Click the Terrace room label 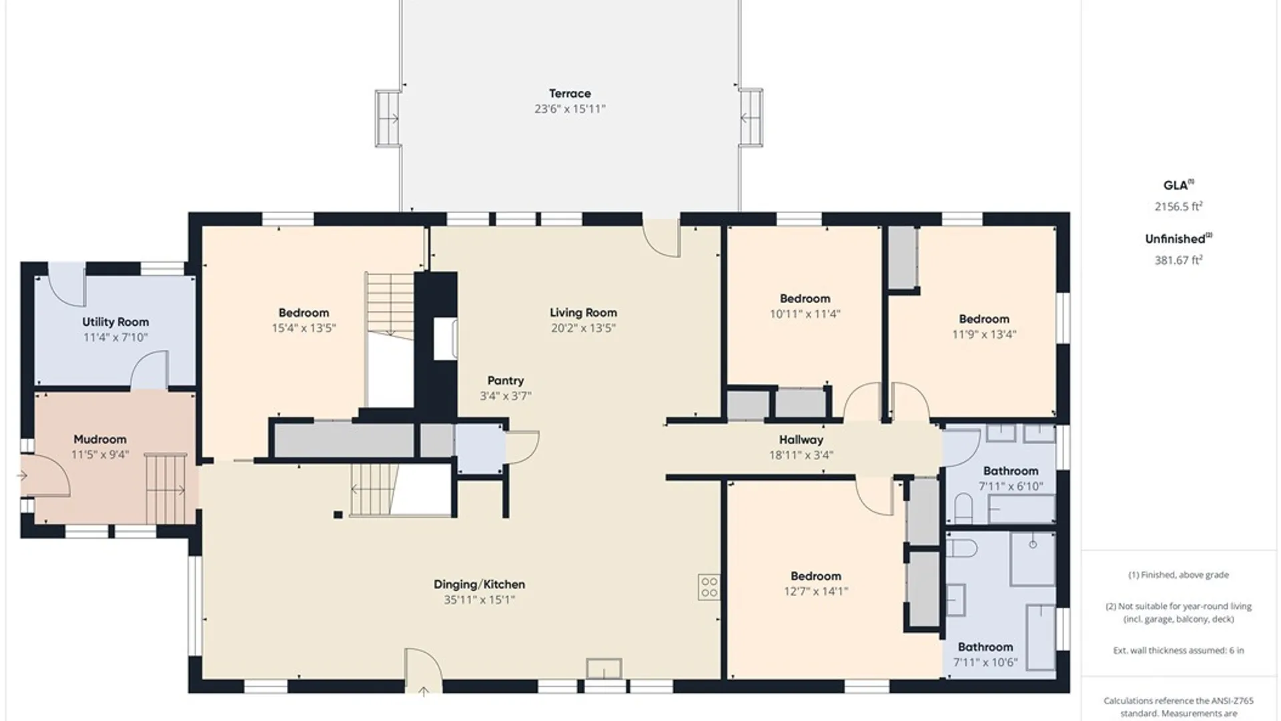[x=570, y=93]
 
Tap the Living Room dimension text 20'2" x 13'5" [x=583, y=328]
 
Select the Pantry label [x=505, y=381]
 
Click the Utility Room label [x=115, y=322]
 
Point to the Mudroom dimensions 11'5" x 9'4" [x=100, y=455]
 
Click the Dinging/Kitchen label [x=479, y=585]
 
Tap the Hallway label [x=801, y=440]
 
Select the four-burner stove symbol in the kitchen [x=709, y=587]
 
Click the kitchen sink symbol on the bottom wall [x=604, y=668]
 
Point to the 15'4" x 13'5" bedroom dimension [x=304, y=328]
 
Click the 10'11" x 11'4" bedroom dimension [x=805, y=314]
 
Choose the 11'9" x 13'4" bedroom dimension [x=983, y=334]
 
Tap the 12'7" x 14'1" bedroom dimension [x=815, y=591]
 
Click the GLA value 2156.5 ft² [x=1178, y=206]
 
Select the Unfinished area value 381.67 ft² [x=1178, y=260]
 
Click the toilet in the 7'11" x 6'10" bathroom [x=963, y=508]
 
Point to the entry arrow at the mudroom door [x=23, y=476]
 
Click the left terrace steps [x=387, y=118]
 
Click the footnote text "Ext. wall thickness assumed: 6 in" [x=1178, y=650]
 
